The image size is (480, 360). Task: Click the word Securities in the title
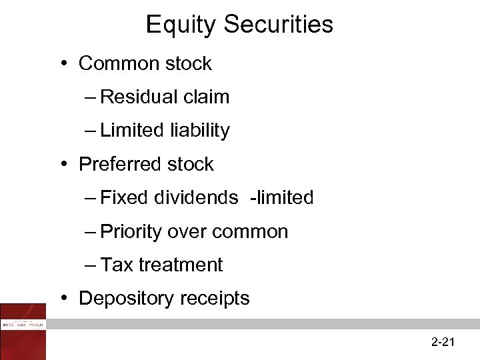click(278, 25)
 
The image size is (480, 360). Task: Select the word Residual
click(137, 97)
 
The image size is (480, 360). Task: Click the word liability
click(199, 131)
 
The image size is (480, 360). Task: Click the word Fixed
click(125, 198)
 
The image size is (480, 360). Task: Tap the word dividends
click(196, 198)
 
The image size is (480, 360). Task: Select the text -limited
click(281, 198)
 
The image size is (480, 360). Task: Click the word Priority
click(131, 232)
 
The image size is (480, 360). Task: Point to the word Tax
click(117, 265)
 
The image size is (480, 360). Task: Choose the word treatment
click(181, 265)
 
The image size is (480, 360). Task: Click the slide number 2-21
click(443, 343)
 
